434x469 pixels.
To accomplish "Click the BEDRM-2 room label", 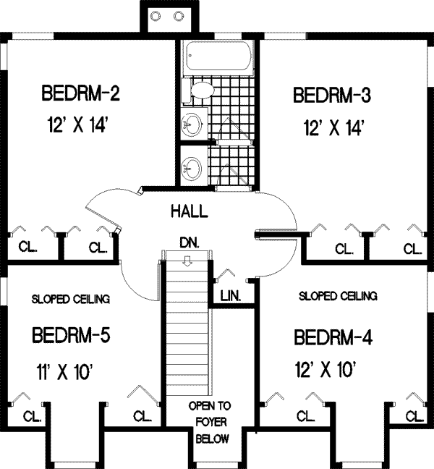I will pyautogui.click(x=80, y=93).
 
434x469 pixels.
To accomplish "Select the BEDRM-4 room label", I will pyautogui.click(x=333, y=338).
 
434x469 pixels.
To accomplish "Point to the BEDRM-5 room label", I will pyautogui.click(x=70, y=337).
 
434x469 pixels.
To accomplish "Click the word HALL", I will pyautogui.click(x=190, y=212).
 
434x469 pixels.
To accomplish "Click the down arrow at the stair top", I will pyautogui.click(x=187, y=259).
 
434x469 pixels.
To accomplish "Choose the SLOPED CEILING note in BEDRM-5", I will pyautogui.click(x=70, y=298).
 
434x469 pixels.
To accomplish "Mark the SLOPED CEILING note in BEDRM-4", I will pyautogui.click(x=338, y=296).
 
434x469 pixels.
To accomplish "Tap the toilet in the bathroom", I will pyautogui.click(x=200, y=91).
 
